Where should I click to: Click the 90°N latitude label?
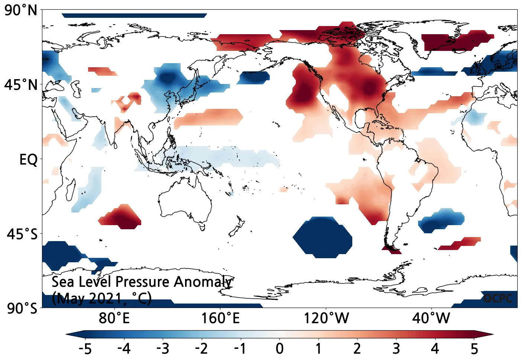pos(21,10)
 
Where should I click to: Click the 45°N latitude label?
pos(21,85)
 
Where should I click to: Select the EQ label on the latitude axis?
pos(28,160)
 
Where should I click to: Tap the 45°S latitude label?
pos(22,234)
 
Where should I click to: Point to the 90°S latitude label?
pos(22,308)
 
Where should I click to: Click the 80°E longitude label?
pos(114,319)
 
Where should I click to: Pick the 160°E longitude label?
pos(220,319)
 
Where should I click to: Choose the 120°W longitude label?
pos(326,319)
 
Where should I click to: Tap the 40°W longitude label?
pos(431,319)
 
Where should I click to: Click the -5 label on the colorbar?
pos(85,349)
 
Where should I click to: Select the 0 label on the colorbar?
pos(279,349)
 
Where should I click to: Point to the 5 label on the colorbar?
pos(474,349)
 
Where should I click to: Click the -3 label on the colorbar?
pos(163,349)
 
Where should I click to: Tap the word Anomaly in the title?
pos(203,282)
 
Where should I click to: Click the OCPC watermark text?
pos(498,298)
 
